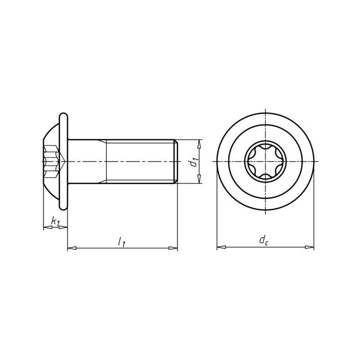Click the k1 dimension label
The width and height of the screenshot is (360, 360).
tap(55, 221)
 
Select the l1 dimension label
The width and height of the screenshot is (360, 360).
tap(121, 242)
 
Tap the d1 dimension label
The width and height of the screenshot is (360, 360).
tap(193, 162)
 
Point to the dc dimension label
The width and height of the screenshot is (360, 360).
tap(264, 241)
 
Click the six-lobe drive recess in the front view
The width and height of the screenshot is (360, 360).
tap(265, 162)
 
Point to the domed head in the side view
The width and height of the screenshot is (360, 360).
tap(50, 135)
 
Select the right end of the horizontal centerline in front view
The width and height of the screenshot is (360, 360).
tap(318, 162)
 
